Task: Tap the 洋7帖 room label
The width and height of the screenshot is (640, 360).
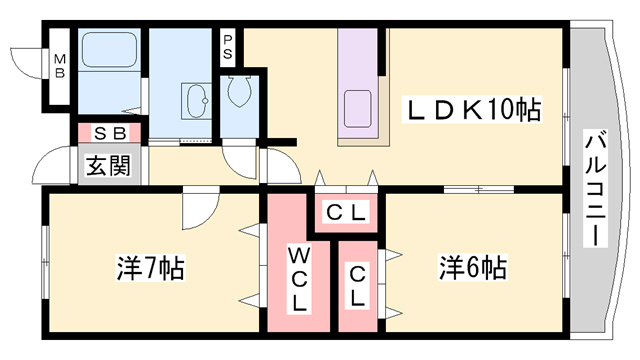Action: pyautogui.click(x=150, y=268)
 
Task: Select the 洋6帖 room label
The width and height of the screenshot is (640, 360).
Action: pyautogui.click(x=472, y=267)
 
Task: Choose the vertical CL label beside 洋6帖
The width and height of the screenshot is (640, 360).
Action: pyautogui.click(x=357, y=286)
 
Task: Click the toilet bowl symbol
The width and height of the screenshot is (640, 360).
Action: pyautogui.click(x=239, y=93)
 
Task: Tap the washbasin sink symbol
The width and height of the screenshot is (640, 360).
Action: pyautogui.click(x=195, y=99)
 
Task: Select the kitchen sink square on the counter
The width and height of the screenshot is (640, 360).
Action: pyautogui.click(x=357, y=109)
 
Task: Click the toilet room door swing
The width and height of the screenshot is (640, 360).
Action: pyautogui.click(x=241, y=160)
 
